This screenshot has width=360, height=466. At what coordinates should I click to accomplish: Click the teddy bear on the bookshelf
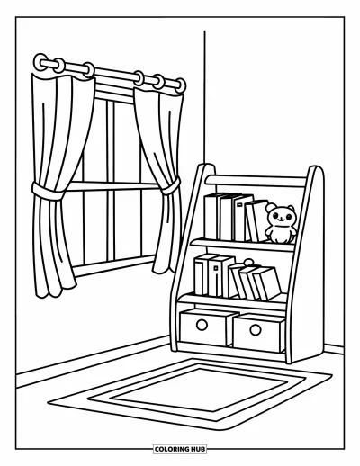pos(281,224)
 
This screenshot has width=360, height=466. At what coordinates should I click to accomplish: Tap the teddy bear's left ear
pos(271,207)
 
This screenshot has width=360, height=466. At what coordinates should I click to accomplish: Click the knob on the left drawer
pos(202,325)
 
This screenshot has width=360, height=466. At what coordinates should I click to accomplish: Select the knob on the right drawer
pos(256,330)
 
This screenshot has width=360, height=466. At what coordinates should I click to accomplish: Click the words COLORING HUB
pos(180,449)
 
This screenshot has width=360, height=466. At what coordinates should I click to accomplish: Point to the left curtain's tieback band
pos(48,191)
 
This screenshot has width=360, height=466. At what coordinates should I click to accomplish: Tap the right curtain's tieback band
pos(170,186)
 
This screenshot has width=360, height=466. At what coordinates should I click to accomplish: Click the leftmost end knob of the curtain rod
pos(40,62)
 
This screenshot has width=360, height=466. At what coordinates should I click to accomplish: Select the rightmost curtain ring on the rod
pos(181,85)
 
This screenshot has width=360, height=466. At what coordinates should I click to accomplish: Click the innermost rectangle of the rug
pos(199,390)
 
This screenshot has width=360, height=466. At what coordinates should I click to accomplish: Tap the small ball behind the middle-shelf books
pos(248,263)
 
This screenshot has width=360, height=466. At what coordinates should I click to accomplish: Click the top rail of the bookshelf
pos(256,181)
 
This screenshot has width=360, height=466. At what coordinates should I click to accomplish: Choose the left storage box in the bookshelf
pos(206,327)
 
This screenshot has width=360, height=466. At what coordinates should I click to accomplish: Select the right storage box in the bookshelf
pos(259,332)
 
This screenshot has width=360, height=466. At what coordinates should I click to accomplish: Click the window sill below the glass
pos(114,265)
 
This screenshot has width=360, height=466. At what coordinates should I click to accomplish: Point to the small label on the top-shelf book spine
pos(239,205)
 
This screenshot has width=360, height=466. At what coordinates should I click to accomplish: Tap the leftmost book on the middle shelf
pos(202,274)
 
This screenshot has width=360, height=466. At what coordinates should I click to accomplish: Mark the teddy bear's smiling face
pos(281,216)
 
